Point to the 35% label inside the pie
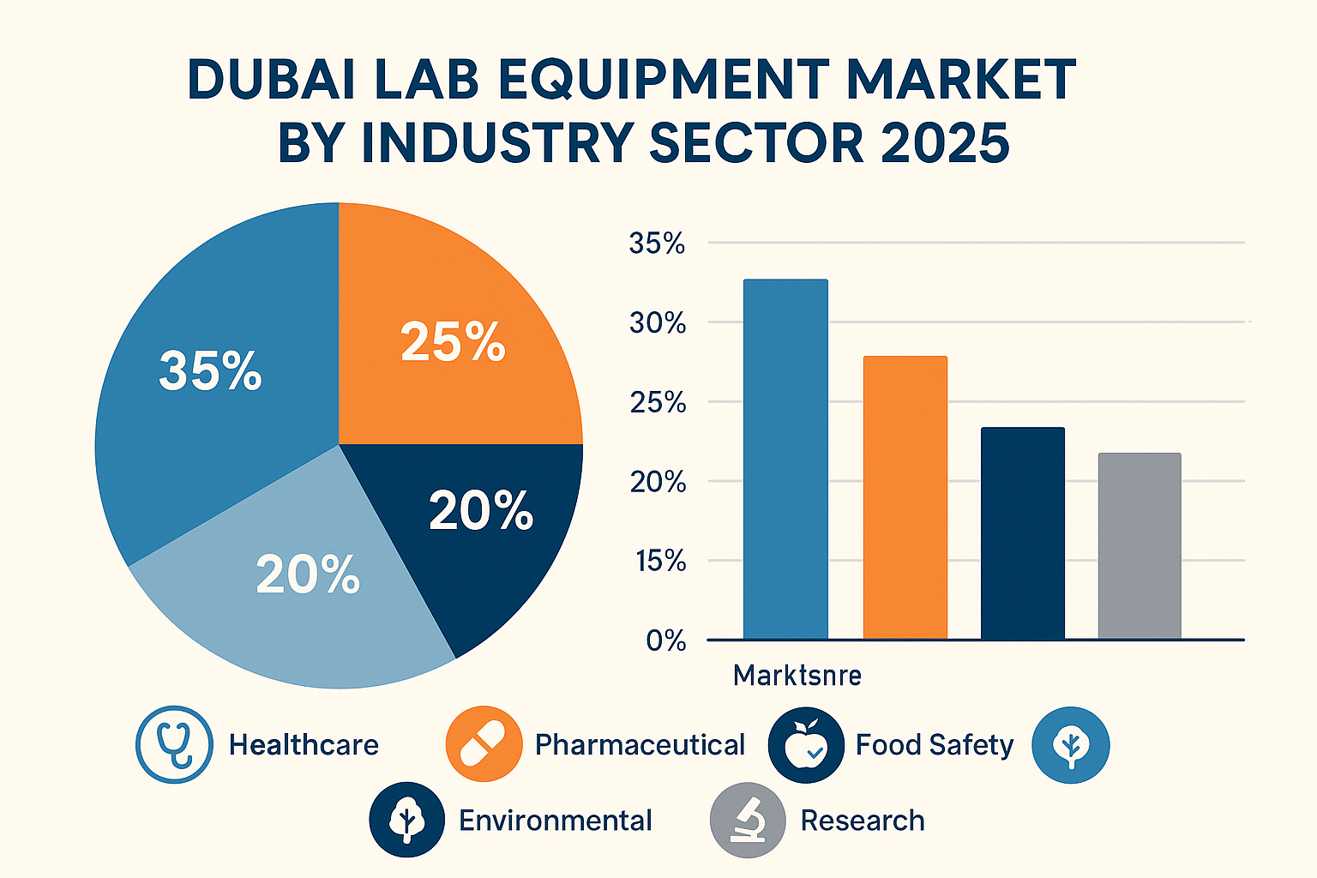(210, 371)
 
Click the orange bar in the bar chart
(905, 497)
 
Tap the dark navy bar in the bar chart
(1022, 532)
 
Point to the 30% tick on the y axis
(658, 323)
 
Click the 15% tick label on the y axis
(660, 562)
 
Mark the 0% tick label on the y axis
(666, 640)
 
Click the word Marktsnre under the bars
(797, 676)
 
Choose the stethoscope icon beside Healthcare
(174, 744)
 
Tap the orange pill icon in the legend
(484, 744)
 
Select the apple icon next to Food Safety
(806, 744)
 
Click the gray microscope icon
(748, 820)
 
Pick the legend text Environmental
(555, 821)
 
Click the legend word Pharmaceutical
(640, 745)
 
